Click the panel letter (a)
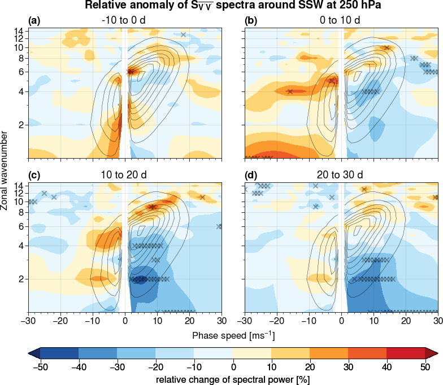pyautogui.click(x=35, y=21)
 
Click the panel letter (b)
pyautogui.click(x=251, y=21)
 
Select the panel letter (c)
pyautogui.click(x=35, y=175)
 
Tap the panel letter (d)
pyautogui.click(x=251, y=175)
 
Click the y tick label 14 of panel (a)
pyautogui.click(x=19, y=30)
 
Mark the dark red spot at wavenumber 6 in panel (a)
pyautogui.click(x=131, y=71)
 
